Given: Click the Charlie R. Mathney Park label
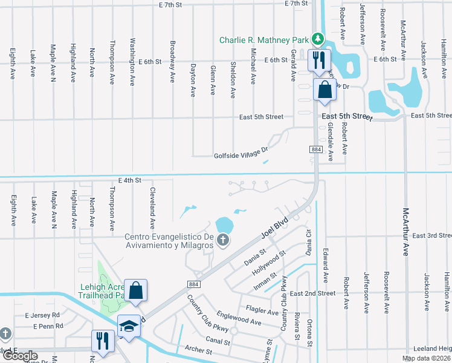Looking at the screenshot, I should [263, 40].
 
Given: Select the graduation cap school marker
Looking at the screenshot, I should [129, 327].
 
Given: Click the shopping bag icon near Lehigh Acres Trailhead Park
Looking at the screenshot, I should [136, 290].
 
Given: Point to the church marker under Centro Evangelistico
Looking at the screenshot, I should [222, 241].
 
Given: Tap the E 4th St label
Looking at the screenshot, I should [129, 180].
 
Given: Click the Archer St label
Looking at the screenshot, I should [199, 349].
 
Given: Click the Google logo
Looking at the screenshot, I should [20, 356].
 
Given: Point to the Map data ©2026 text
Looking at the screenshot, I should [427, 358].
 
